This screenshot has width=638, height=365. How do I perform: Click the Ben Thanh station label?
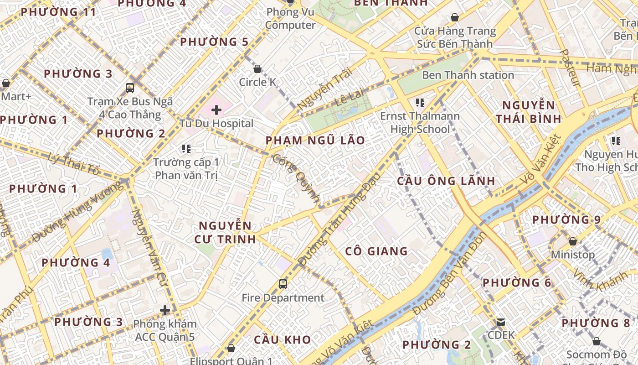click(468, 75)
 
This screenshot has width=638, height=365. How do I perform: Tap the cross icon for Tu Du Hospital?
click(216, 110)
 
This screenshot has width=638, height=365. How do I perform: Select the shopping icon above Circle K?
click(257, 69)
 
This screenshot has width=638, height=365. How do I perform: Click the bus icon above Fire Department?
click(283, 284)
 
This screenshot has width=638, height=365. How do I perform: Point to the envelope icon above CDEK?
click(501, 322)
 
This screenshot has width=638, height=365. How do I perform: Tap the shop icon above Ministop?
click(573, 241)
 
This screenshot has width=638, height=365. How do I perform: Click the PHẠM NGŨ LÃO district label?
click(315, 141)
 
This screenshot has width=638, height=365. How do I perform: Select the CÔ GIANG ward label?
click(376, 251)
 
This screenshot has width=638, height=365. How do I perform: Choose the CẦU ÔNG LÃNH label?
click(446, 181)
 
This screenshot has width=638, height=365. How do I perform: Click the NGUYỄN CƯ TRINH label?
click(225, 232)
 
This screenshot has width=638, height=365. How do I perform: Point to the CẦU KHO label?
click(283, 340)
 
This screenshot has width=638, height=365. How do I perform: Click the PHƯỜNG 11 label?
click(59, 12)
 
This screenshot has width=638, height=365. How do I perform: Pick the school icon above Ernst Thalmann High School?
click(420, 103)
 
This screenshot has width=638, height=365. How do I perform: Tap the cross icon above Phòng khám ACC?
click(165, 311)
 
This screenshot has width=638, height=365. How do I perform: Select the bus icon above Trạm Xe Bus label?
click(130, 88)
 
